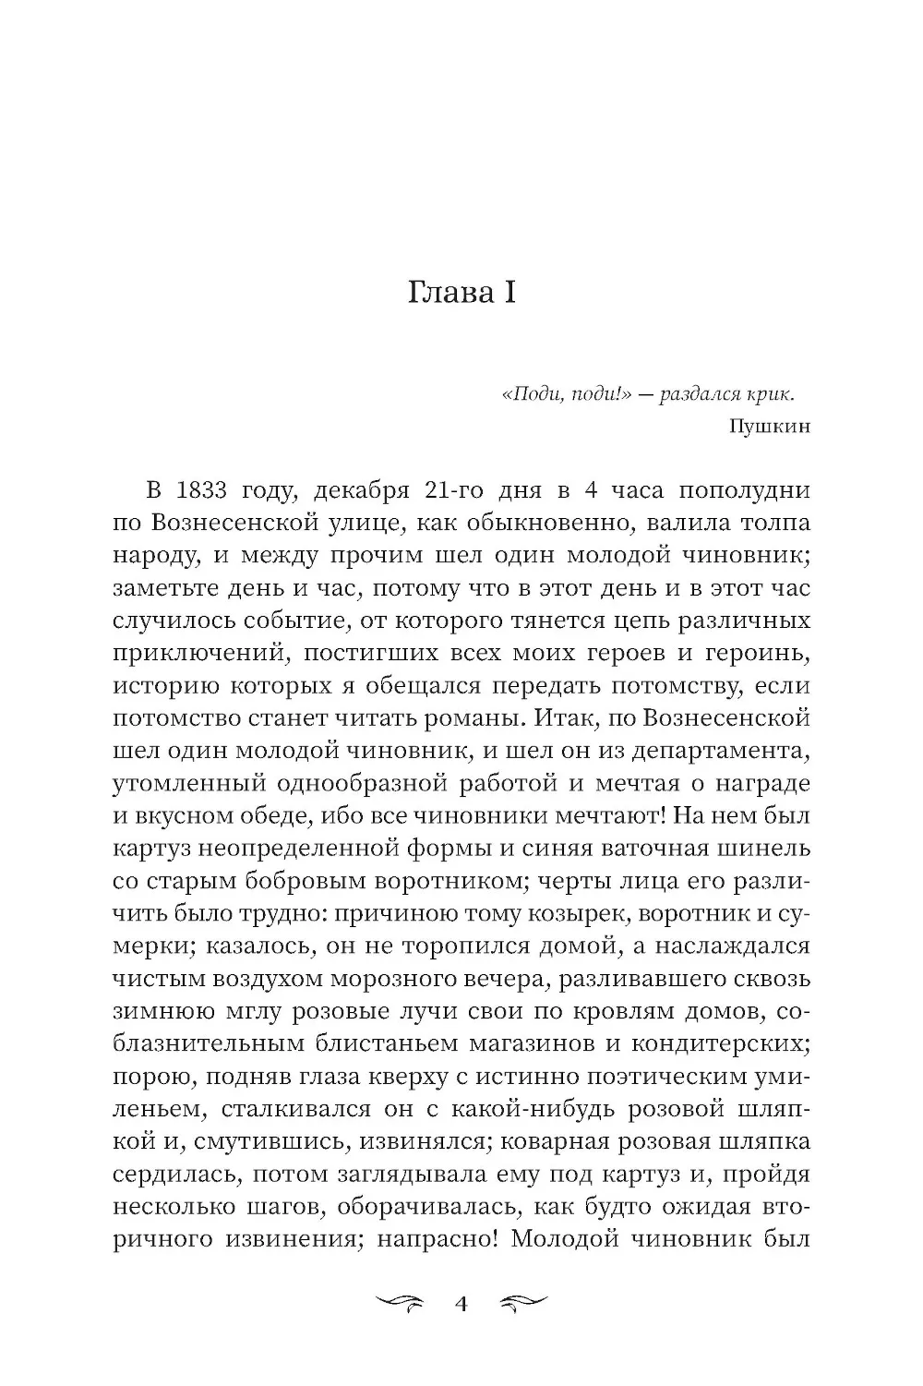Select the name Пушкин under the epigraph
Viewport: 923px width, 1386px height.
pos(768,427)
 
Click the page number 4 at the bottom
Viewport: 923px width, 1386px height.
pos(462,1305)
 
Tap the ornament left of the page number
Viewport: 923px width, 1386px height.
pos(403,1305)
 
